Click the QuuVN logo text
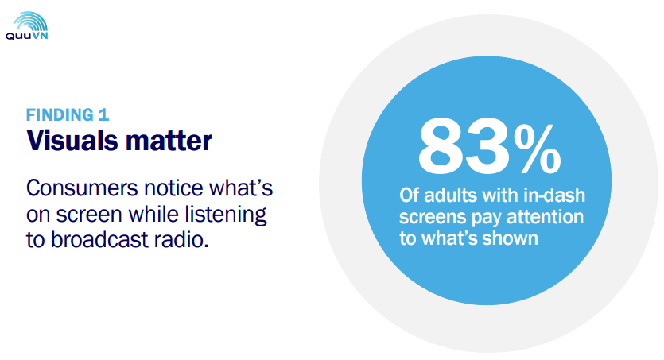(27, 36)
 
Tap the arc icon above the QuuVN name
(30, 21)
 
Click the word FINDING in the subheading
(60, 115)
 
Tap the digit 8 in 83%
(440, 145)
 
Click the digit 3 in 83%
(486, 145)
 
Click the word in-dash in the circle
(554, 195)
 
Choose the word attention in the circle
(545, 217)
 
